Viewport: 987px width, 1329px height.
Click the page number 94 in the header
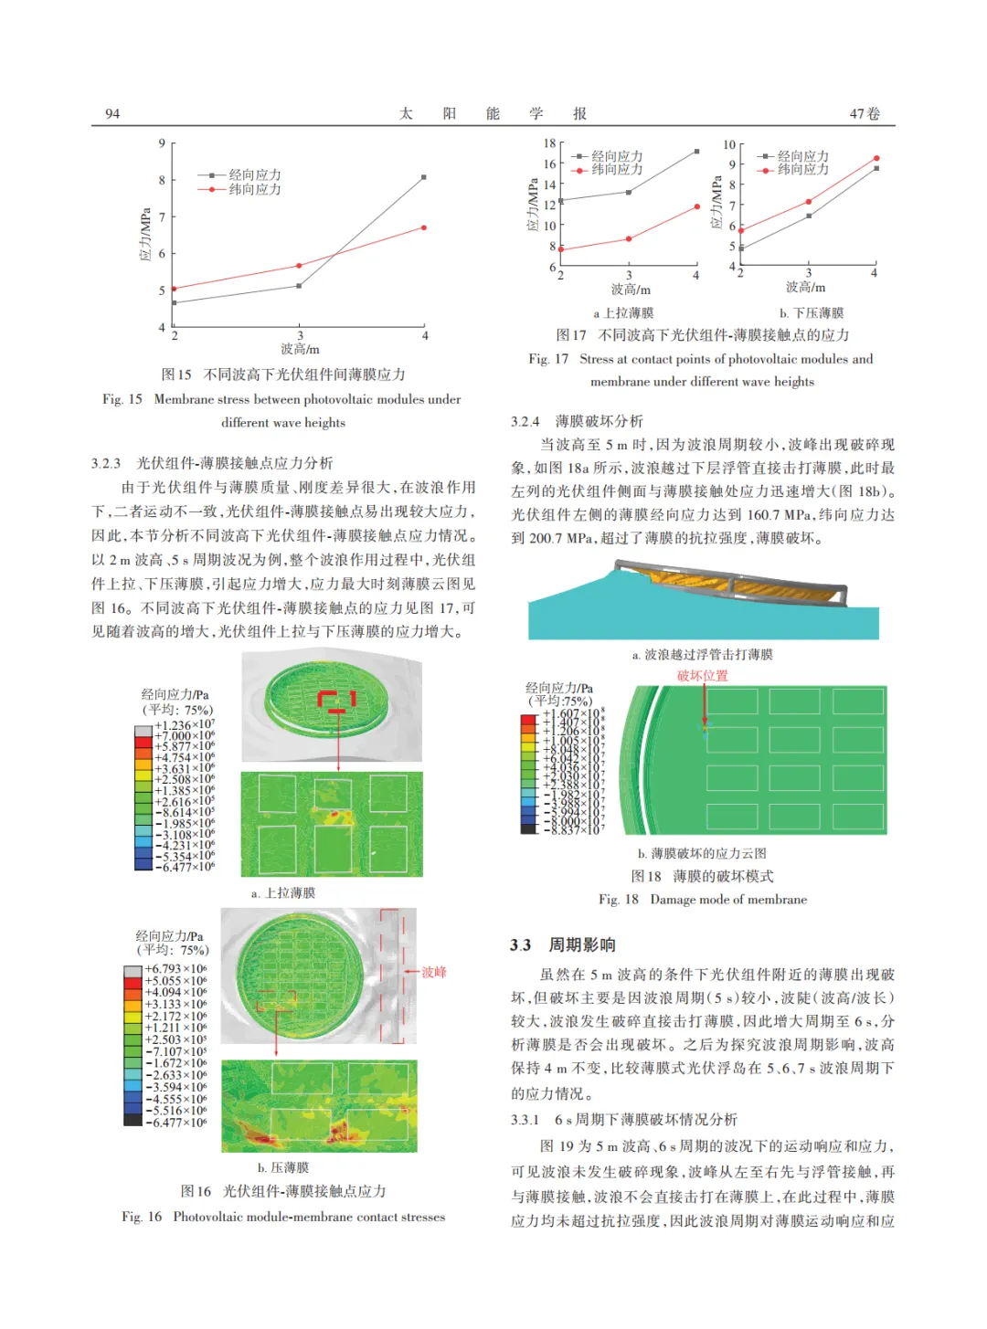(x=112, y=113)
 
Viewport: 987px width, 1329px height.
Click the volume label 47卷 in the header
(x=865, y=113)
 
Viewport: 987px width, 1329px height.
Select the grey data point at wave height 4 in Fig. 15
(x=424, y=177)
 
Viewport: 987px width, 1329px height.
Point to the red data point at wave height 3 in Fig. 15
(x=299, y=266)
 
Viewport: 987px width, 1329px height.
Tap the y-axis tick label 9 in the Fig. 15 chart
(x=162, y=143)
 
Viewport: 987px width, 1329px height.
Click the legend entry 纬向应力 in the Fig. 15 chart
(x=254, y=189)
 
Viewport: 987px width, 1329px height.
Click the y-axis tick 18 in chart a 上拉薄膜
(x=549, y=143)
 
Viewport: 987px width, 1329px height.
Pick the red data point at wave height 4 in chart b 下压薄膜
(x=876, y=159)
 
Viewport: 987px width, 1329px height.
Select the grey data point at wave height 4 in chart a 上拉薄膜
(x=696, y=152)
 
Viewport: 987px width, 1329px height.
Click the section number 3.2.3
(x=106, y=463)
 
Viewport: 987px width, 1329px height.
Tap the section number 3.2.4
(x=525, y=421)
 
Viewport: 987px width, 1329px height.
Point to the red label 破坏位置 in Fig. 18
(x=702, y=676)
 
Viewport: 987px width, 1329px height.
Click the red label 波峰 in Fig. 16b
(x=433, y=972)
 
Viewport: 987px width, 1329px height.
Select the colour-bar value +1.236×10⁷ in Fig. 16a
(x=185, y=725)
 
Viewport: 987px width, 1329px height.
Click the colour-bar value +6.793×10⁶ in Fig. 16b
(x=176, y=969)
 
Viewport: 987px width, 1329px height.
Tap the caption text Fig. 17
(x=548, y=359)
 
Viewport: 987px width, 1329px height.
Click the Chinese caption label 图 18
(x=646, y=876)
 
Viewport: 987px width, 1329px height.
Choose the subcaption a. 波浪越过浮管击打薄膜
(x=702, y=655)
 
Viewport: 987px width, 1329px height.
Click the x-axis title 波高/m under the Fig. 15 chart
(x=300, y=349)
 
